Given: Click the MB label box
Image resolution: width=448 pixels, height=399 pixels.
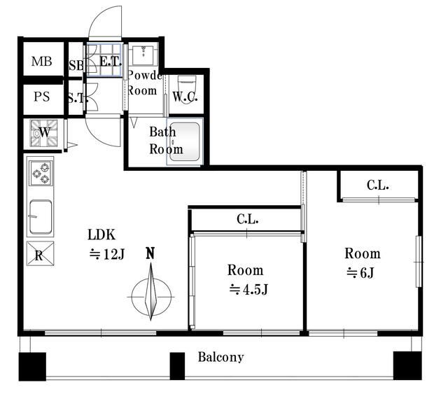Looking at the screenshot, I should tap(41, 62).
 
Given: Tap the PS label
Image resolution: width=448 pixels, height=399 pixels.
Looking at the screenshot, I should tap(41, 97).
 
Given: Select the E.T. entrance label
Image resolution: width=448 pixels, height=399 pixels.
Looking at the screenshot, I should tap(111, 62).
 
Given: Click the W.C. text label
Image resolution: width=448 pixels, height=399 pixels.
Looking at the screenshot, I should tap(185, 97).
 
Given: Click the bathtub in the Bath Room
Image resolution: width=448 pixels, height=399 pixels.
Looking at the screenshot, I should tap(185, 143).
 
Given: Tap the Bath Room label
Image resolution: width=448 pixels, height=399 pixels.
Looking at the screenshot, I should tap(166, 140).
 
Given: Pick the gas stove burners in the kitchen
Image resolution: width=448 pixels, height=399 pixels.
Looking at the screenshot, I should tap(40, 172).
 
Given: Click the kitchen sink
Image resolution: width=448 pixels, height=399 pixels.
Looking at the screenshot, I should tap(40, 217).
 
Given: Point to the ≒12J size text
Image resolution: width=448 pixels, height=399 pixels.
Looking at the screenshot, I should tap(106, 254).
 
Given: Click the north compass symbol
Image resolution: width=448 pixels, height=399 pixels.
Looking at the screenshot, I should tap(150, 294).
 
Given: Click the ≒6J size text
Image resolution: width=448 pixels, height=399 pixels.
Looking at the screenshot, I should tap(361, 273).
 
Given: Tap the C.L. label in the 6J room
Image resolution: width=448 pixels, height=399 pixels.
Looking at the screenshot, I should tap(377, 186).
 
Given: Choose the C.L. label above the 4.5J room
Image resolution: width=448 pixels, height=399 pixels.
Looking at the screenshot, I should tap(247, 219).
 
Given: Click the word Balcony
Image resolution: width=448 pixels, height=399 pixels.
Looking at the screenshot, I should tap(220, 357).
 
